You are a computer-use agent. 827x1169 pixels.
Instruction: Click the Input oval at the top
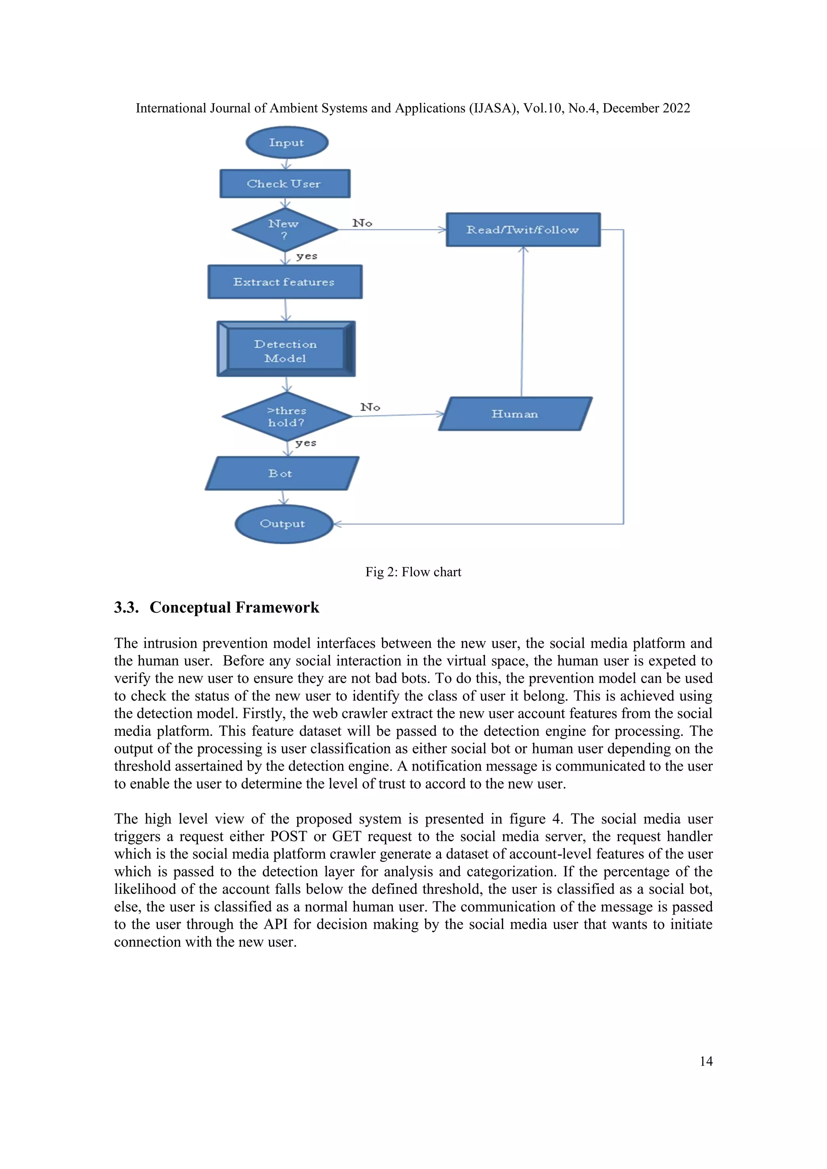coord(287,142)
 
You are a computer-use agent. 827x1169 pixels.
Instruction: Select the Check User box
coord(285,184)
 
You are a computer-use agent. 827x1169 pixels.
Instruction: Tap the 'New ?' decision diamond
coord(285,230)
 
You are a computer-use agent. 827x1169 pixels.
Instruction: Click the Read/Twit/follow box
coord(523,230)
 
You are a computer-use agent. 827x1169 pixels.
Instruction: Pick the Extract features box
coord(285,282)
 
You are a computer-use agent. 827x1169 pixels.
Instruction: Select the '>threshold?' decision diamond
coord(287,417)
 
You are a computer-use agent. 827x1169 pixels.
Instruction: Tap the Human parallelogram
coord(515,414)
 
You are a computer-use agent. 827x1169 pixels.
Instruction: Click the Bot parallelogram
coord(281,473)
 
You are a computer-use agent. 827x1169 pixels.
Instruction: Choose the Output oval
coord(283,524)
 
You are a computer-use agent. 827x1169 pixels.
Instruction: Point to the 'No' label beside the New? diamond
coord(362,223)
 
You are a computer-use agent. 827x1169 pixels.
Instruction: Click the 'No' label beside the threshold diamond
coord(370,407)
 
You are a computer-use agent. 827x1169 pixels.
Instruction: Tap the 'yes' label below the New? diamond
coord(306,256)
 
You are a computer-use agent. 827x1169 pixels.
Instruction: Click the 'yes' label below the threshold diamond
coord(306,443)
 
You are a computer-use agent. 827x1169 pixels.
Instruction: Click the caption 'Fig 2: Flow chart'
coord(413,572)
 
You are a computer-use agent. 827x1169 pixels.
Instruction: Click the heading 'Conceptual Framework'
coord(234,608)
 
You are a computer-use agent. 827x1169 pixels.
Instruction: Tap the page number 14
coord(706,1061)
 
